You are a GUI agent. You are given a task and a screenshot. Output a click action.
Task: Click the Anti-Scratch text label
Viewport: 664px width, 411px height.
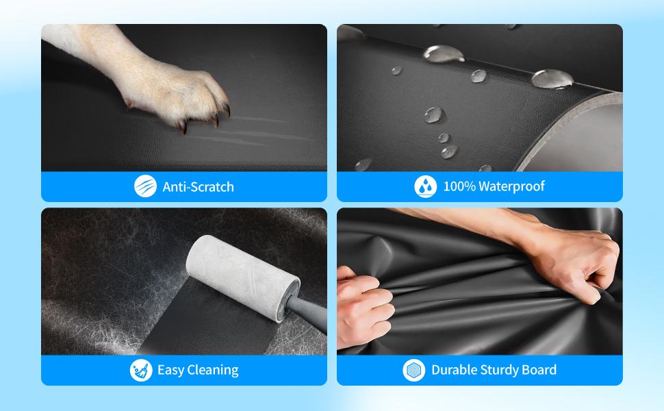199,187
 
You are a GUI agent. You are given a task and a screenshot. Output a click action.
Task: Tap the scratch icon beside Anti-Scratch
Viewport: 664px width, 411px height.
145,186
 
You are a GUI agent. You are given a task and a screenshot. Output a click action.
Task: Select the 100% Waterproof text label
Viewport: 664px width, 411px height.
494,186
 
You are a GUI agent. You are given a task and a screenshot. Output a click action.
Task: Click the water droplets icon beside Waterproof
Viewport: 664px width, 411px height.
426,186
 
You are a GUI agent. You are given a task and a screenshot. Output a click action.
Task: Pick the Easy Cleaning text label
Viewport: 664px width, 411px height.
198,370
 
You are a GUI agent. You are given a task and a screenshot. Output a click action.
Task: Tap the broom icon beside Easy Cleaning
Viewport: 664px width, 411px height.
141,370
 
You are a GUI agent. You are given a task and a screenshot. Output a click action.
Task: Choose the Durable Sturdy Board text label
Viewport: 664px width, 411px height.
494,370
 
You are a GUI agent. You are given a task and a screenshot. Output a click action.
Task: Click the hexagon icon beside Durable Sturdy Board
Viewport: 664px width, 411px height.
413,370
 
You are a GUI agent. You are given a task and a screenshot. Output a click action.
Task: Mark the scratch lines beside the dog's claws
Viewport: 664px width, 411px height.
250,132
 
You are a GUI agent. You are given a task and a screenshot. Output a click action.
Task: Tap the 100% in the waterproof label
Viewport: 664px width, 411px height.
459,186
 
